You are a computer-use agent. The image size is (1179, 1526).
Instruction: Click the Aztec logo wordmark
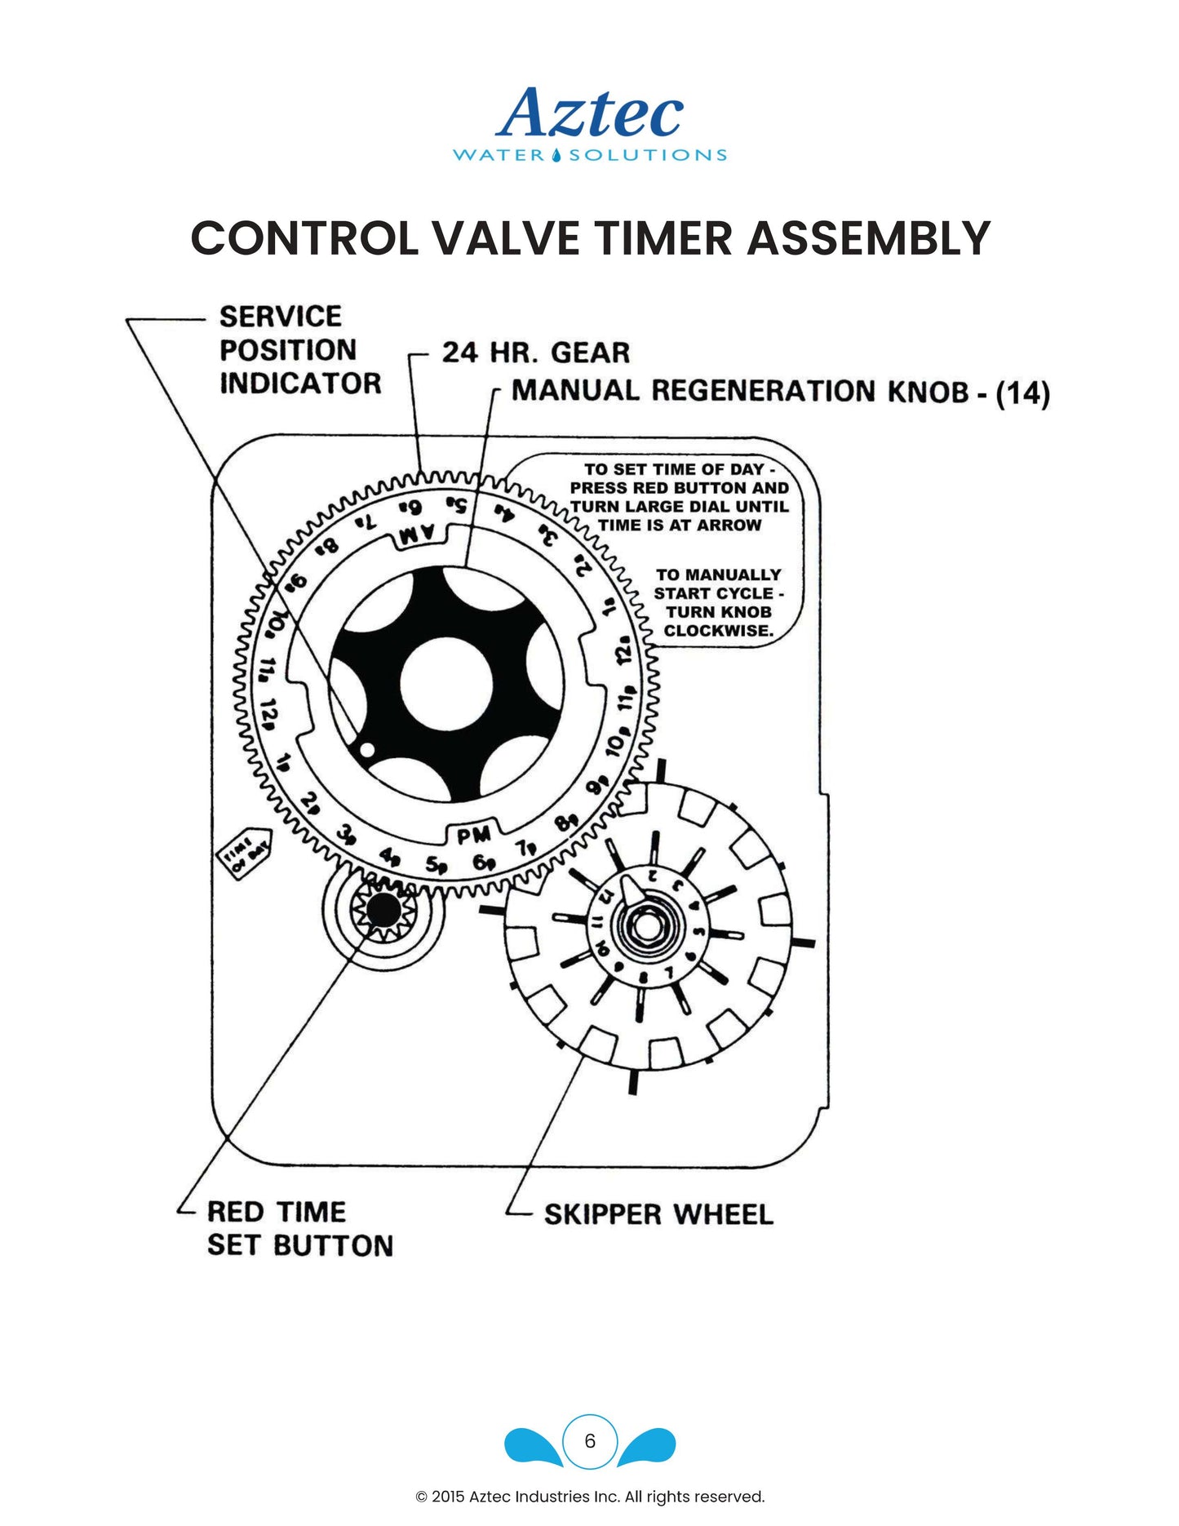pyautogui.click(x=589, y=114)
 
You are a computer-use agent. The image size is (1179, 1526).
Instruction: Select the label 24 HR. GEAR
pyautogui.click(x=535, y=353)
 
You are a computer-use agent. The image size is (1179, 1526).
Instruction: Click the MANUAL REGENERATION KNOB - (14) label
pyautogui.click(x=779, y=392)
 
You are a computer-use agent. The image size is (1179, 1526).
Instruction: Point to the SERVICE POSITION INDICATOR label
pyautogui.click(x=299, y=349)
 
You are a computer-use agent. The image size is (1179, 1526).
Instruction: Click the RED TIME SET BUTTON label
pyautogui.click(x=299, y=1229)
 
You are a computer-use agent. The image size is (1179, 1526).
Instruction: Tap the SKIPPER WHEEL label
pyautogui.click(x=658, y=1214)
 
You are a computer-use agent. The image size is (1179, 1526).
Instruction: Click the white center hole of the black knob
pyautogui.click(x=446, y=683)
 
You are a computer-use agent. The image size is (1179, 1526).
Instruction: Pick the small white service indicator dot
pyautogui.click(x=367, y=749)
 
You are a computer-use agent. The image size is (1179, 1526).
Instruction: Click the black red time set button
pyautogui.click(x=385, y=909)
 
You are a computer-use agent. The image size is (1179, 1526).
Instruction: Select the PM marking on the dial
pyautogui.click(x=474, y=835)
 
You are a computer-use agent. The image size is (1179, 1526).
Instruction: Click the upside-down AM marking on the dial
pyautogui.click(x=418, y=535)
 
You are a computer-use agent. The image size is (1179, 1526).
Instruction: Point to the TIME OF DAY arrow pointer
pyautogui.click(x=246, y=853)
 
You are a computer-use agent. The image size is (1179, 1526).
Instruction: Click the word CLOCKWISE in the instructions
pyautogui.click(x=718, y=631)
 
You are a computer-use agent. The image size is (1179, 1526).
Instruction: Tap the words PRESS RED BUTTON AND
pyautogui.click(x=679, y=488)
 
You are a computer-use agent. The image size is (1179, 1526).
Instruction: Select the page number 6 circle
pyautogui.click(x=590, y=1441)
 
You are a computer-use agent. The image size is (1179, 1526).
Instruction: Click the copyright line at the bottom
pyautogui.click(x=590, y=1497)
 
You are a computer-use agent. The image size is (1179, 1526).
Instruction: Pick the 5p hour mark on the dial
pyautogui.click(x=437, y=865)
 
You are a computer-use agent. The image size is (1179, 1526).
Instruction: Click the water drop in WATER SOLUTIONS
pyautogui.click(x=556, y=155)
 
